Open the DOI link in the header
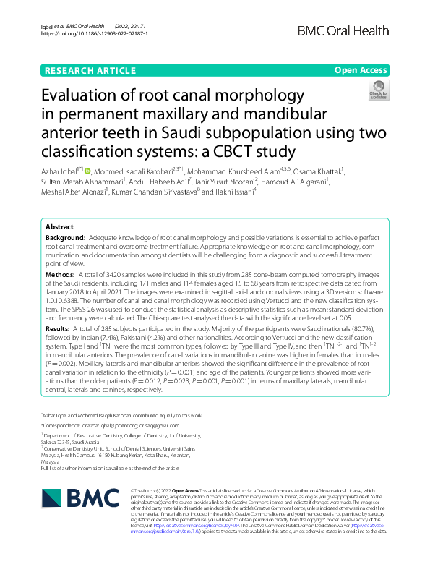tap(95, 34)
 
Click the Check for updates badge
tap(378, 90)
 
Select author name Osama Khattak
tap(321, 171)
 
